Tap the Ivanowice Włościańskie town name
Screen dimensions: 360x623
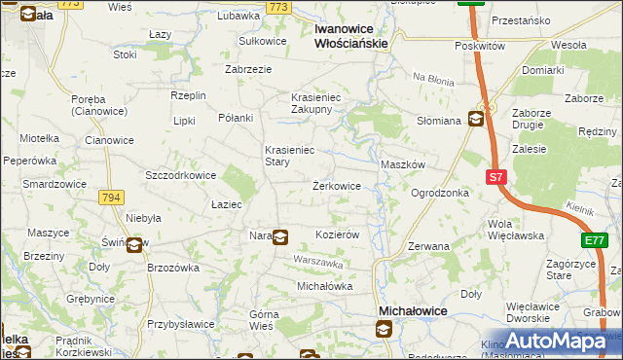click(351, 36)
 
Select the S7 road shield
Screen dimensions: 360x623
click(496, 176)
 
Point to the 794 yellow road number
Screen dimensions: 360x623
click(111, 198)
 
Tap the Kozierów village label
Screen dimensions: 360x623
click(339, 235)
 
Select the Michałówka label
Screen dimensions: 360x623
click(324, 286)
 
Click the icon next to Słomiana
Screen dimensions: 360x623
click(475, 120)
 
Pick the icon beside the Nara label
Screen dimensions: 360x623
click(280, 235)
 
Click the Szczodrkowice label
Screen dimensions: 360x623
click(180, 175)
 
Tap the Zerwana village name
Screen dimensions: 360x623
click(428, 246)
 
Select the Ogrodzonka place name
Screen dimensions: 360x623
click(440, 193)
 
